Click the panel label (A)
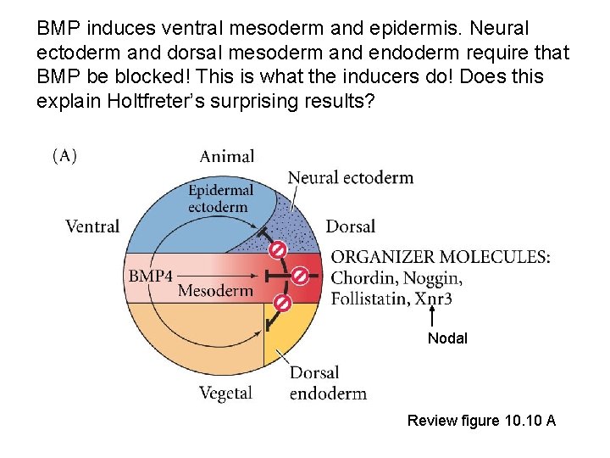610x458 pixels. (64, 157)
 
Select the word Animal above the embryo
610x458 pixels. (226, 156)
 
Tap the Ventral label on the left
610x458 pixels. (92, 226)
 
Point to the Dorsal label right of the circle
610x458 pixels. (350, 226)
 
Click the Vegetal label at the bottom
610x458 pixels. (225, 393)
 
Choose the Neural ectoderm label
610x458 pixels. (351, 178)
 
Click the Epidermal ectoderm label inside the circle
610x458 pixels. (220, 199)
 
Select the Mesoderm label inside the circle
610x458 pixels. (215, 291)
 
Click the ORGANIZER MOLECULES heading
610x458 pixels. (440, 257)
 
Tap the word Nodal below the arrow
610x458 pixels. (446, 338)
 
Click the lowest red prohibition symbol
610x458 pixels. (283, 303)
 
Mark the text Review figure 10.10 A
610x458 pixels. (481, 420)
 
